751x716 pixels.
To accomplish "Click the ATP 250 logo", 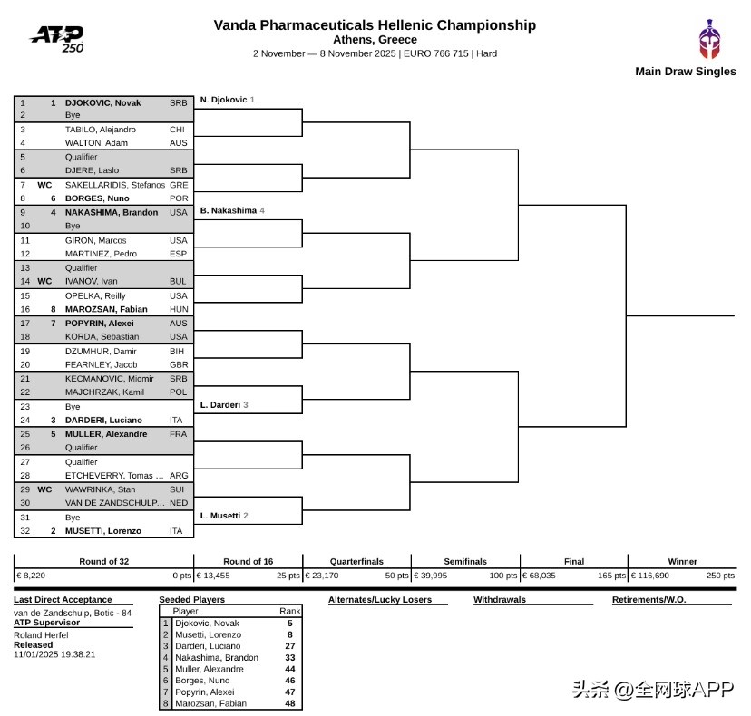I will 57,39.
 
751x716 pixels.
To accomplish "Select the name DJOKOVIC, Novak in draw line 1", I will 102,103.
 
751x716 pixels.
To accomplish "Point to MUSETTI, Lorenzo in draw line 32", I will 102,531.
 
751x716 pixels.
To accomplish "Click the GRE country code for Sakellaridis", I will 178,185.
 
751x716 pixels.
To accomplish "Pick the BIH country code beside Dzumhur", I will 177,351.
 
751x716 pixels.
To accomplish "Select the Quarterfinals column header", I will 356,562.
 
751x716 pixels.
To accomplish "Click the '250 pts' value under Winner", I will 720,576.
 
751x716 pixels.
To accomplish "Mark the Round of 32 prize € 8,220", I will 31,576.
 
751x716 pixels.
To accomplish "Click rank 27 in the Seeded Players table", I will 290,646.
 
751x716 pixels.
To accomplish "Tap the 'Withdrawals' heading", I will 500,600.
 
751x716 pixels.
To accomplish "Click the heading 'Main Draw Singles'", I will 685,72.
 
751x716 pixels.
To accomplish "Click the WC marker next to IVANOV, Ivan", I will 44,282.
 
